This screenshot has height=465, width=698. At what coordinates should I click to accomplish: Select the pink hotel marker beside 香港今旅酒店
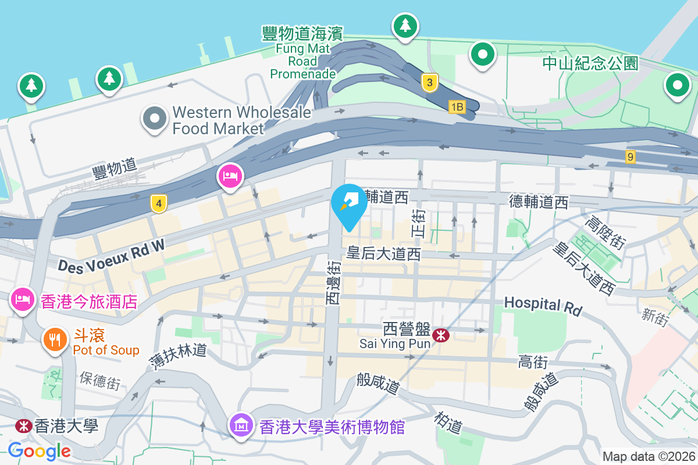click(22, 300)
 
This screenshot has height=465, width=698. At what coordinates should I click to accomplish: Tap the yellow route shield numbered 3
click(429, 83)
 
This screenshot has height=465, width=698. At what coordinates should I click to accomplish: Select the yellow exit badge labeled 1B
click(457, 106)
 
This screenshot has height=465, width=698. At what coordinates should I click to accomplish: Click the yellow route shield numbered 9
click(631, 156)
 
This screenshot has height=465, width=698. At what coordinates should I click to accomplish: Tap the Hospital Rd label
click(543, 306)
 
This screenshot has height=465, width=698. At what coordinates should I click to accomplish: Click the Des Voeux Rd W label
click(111, 256)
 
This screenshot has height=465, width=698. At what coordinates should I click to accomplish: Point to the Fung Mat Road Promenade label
click(302, 53)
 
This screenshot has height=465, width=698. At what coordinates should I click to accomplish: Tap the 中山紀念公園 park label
click(590, 63)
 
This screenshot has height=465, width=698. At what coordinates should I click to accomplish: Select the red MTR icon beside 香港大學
click(23, 425)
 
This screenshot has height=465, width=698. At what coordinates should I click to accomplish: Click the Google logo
click(40, 450)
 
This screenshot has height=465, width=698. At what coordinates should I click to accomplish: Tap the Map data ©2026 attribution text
click(648, 456)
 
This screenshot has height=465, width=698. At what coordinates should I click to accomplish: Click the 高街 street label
click(532, 363)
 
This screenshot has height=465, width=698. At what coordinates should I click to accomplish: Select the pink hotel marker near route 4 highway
click(230, 176)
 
